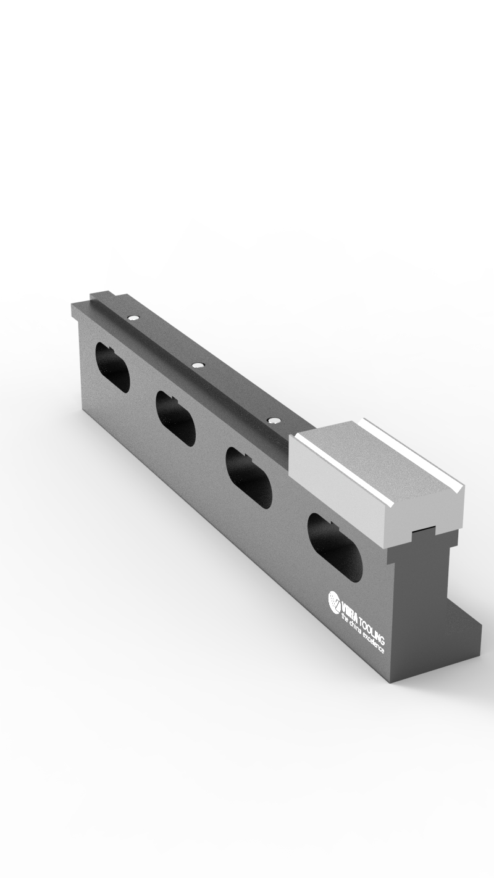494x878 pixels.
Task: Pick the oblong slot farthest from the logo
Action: pos(112,368)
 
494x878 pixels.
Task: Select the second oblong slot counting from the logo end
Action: pos(248,478)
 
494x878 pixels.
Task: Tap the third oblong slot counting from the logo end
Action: pos(175,418)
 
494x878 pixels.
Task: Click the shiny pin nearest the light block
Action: pos(272,420)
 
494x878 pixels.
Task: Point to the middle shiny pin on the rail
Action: pos(197,365)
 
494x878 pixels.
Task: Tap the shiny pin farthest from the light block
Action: pos(132,318)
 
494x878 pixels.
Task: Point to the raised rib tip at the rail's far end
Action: pos(99,296)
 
